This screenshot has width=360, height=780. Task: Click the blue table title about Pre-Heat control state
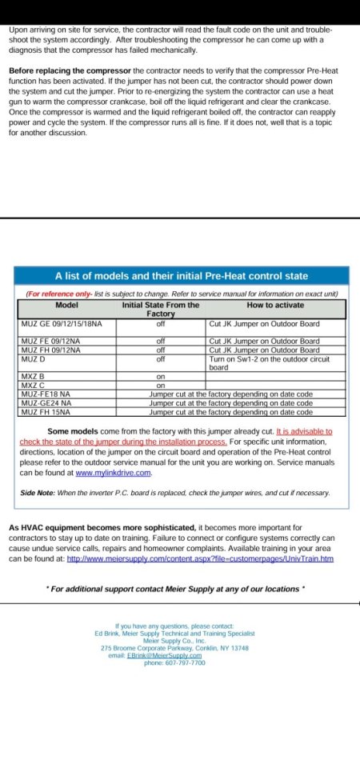point(181,276)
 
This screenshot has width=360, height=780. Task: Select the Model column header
point(66,305)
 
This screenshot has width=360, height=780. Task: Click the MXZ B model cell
point(33,376)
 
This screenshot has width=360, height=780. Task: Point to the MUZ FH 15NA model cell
point(46,412)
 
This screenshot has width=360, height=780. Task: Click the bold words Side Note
point(37,493)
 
